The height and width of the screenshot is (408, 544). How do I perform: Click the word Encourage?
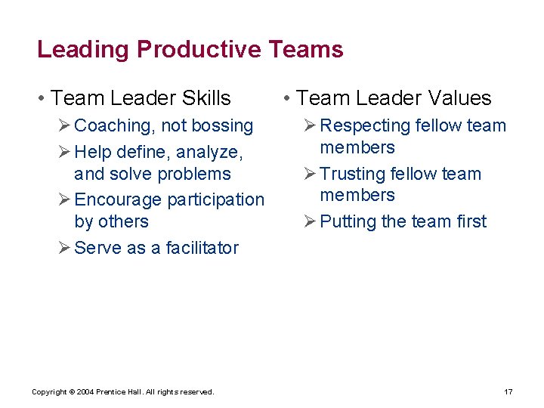pyautogui.click(x=118, y=200)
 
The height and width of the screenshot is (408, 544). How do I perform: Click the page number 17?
pyautogui.click(x=508, y=391)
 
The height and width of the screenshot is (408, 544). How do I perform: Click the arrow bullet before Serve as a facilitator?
pyautogui.click(x=64, y=247)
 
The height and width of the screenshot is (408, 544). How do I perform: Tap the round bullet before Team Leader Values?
pyautogui.click(x=286, y=98)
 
